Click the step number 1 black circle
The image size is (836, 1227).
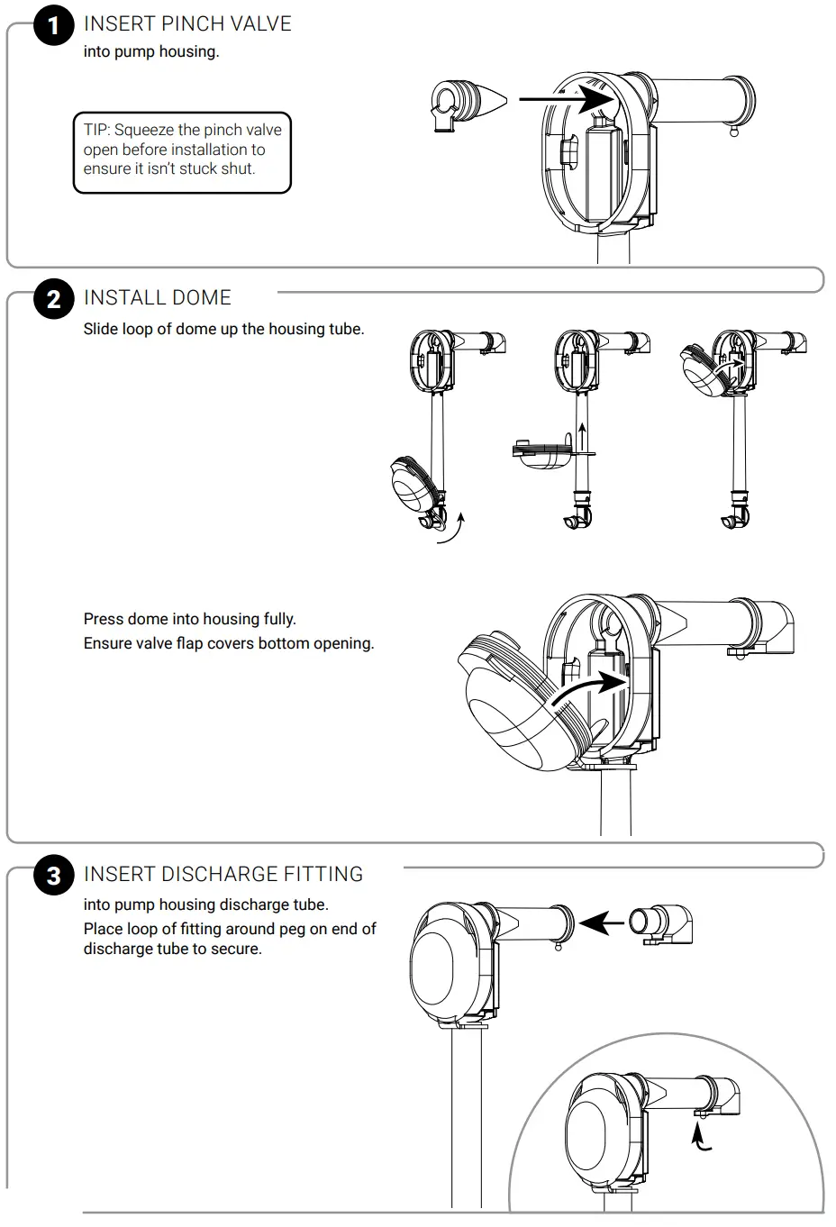(53, 25)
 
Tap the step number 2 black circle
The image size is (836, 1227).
(53, 299)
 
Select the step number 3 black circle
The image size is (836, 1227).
(53, 876)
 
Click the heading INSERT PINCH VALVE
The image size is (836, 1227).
(187, 24)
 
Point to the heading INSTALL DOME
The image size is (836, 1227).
(158, 298)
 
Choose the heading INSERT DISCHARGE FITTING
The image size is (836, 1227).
(223, 875)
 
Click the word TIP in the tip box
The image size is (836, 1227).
(96, 130)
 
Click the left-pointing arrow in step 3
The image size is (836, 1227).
(602, 923)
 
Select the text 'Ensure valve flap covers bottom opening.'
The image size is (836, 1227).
(228, 643)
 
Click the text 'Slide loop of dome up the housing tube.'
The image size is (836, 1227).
(223, 329)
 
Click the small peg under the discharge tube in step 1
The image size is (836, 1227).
(734, 131)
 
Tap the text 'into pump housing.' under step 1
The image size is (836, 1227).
(151, 51)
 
